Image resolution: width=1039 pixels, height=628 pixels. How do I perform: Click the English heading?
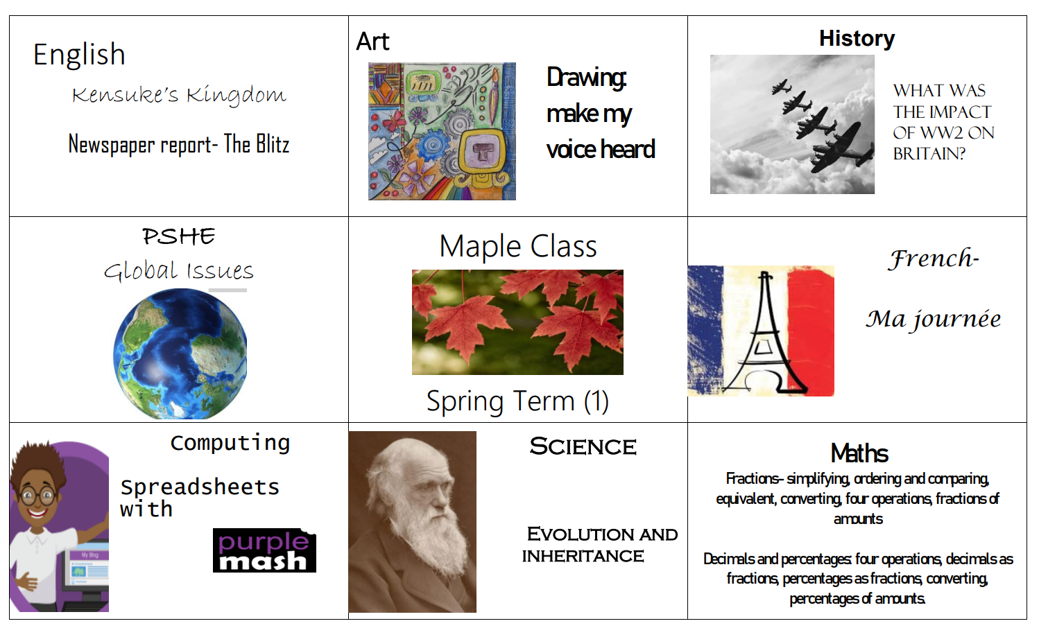coord(79,55)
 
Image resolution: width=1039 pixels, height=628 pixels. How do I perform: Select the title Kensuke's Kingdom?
coord(179,94)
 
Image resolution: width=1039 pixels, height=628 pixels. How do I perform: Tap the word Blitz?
coord(273,143)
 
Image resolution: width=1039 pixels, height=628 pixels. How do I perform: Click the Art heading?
coord(373,42)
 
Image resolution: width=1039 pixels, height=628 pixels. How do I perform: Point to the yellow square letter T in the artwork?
coord(483,150)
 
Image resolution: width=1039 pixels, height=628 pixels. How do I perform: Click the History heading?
coord(857,38)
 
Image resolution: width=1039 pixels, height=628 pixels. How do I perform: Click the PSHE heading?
coord(178,236)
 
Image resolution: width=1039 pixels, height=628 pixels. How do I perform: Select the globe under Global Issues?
coord(180,354)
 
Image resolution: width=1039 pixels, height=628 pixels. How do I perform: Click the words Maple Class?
coord(517,246)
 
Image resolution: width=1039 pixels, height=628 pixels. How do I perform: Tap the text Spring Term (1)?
coord(517,401)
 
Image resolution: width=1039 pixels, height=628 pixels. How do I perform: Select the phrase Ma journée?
coord(933,320)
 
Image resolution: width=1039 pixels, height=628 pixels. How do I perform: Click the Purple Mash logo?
coord(264,550)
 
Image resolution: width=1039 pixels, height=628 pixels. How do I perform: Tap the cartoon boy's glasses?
coord(38,497)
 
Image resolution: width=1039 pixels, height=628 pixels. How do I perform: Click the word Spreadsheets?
coord(200,487)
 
